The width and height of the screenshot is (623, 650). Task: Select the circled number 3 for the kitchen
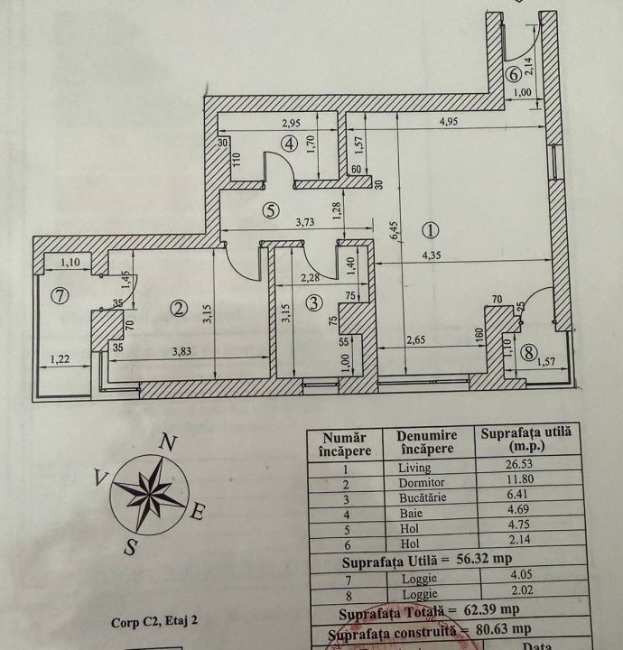pyautogui.click(x=313, y=303)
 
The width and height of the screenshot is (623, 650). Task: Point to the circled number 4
pyautogui.click(x=289, y=143)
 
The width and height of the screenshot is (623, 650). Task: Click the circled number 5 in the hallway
pyautogui.click(x=268, y=210)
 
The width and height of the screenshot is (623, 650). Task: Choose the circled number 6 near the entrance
pyautogui.click(x=512, y=75)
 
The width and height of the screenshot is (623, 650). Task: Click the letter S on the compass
pyautogui.click(x=132, y=547)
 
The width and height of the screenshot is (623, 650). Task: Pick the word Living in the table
pyautogui.click(x=414, y=468)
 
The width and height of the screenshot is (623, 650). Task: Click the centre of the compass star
pyautogui.click(x=148, y=493)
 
